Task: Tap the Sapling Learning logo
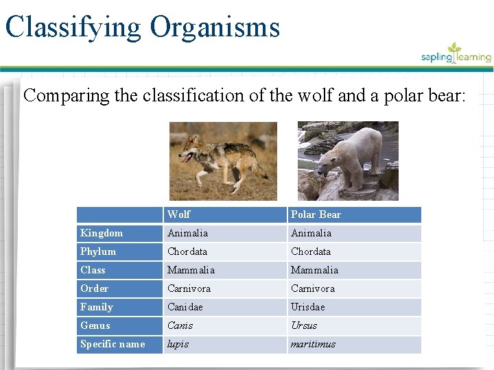(456, 54)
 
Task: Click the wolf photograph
(223, 161)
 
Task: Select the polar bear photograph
(348, 161)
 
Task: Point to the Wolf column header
(179, 214)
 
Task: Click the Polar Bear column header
(316, 214)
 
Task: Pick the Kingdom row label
(102, 233)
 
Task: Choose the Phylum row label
(98, 251)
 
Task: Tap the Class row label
(93, 270)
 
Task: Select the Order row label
(94, 288)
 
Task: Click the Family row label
(97, 307)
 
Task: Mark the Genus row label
(95, 325)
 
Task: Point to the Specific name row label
(113, 344)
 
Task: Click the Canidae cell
(185, 307)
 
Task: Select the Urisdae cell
(308, 307)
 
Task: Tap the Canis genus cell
(180, 325)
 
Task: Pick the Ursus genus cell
(304, 325)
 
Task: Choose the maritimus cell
(313, 344)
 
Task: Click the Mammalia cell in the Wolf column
(191, 270)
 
